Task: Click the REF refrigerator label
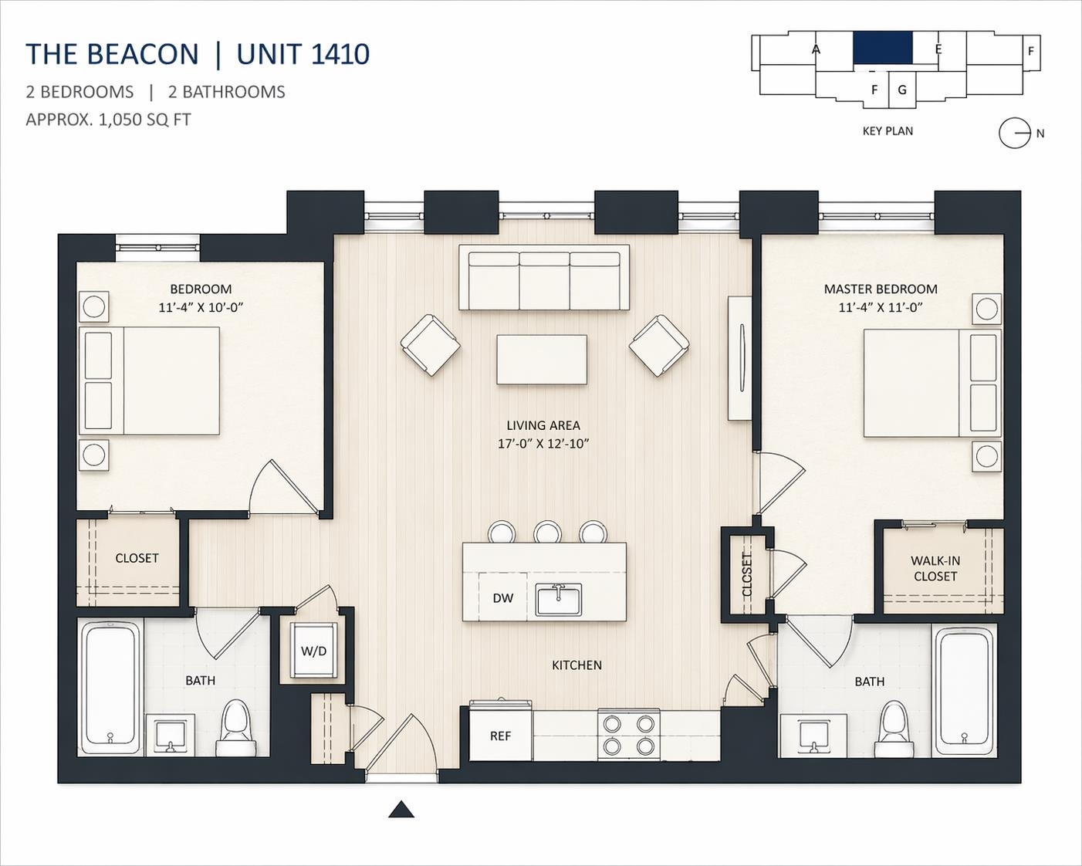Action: click(500, 736)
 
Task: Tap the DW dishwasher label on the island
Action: click(502, 598)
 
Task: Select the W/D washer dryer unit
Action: click(314, 651)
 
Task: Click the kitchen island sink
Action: click(558, 600)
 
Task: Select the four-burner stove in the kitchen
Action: click(628, 734)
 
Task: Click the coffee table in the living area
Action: click(542, 360)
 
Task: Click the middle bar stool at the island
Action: click(547, 532)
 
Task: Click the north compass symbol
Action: click(1015, 134)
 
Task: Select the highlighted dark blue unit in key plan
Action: click(882, 55)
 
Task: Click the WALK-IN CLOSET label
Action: click(935, 568)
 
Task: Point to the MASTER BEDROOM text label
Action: click(881, 289)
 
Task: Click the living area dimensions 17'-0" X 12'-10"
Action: click(543, 444)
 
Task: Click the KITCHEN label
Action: click(577, 665)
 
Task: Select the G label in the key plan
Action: click(902, 90)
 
